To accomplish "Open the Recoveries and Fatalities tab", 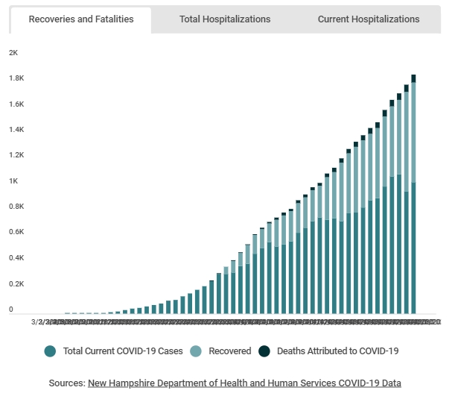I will pos(81,19).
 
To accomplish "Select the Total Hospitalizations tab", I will pos(225,19).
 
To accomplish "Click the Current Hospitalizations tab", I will pos(369,19).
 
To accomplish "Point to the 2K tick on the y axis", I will pos(13,53).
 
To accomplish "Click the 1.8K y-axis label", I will pos(16,78).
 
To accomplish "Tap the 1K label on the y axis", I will pos(13,181).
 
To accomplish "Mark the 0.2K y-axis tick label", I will pos(16,284).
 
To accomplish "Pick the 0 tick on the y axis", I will pos(11,310).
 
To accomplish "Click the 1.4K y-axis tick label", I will pos(16,130).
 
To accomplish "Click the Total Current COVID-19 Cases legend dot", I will pos(50,351).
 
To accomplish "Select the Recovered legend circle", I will pos(196,351).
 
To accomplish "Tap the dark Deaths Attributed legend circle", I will pos(264,351).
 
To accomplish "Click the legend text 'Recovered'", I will pos(229,351).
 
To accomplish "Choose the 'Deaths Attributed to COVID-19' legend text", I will pos(339,351).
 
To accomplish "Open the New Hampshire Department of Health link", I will pos(244,383).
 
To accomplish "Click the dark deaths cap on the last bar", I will pos(413,78).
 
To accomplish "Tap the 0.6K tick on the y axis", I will pos(16,233).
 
